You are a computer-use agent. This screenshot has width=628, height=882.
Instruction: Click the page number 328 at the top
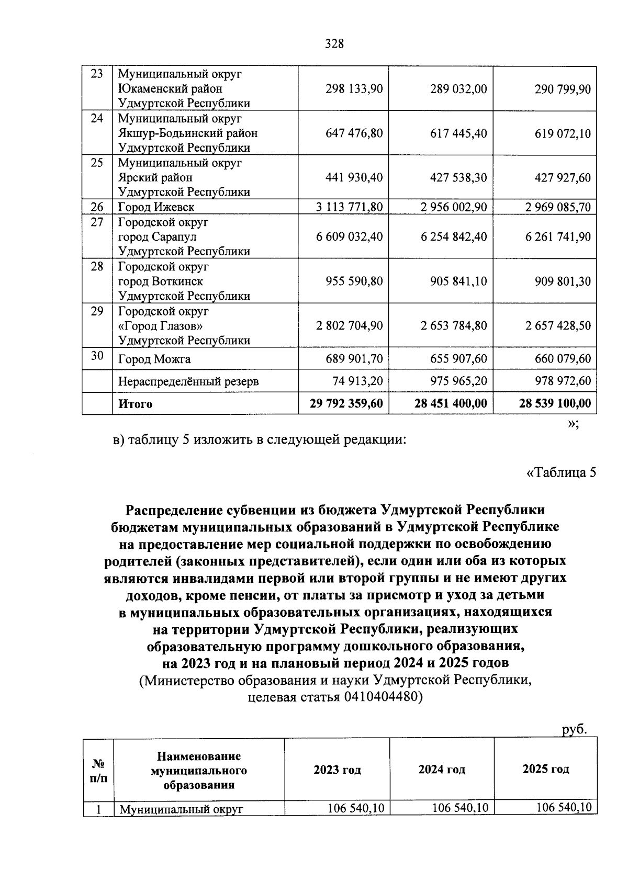click(x=334, y=44)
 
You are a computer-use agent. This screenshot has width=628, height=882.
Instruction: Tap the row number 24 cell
click(x=97, y=118)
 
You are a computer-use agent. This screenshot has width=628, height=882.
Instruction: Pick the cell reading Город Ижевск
click(x=156, y=207)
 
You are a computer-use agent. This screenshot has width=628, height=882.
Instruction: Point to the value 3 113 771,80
click(x=349, y=207)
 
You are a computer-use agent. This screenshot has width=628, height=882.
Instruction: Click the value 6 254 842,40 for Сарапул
click(x=454, y=237)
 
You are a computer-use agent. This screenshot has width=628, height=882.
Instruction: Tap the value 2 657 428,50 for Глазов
click(x=558, y=326)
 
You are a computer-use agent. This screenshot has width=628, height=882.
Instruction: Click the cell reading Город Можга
click(x=154, y=359)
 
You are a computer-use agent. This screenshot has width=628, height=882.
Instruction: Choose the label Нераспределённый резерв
click(x=188, y=381)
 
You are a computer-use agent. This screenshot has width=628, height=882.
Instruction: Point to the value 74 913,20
click(x=358, y=381)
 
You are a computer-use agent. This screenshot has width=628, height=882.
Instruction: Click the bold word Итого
click(x=135, y=404)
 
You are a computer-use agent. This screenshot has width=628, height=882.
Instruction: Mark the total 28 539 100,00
click(x=555, y=403)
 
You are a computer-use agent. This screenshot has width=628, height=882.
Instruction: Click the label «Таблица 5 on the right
click(x=560, y=473)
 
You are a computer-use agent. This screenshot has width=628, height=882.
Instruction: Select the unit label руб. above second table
click(x=575, y=729)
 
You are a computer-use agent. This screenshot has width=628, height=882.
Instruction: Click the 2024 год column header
click(x=442, y=770)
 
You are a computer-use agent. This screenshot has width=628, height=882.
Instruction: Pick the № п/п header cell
click(x=98, y=771)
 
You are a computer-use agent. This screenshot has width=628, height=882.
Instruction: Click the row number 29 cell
click(x=97, y=311)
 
